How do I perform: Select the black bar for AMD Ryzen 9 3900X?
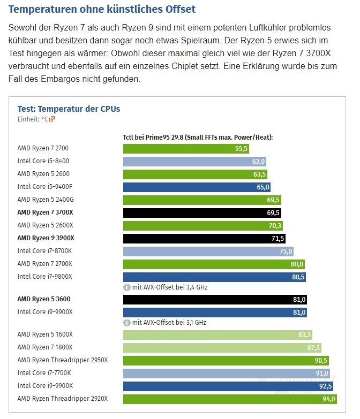[x=204, y=238]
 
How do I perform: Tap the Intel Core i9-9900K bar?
[x=225, y=386]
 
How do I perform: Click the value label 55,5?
[x=242, y=148]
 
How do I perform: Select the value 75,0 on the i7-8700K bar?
[x=286, y=251]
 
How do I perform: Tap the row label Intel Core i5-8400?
[x=43, y=161]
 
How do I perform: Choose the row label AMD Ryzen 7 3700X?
[x=46, y=212]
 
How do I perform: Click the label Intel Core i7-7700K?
[x=44, y=373]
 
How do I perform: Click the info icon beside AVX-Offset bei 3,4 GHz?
[x=127, y=287]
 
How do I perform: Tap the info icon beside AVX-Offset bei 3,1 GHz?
[x=127, y=323]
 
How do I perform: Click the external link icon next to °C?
[x=52, y=119]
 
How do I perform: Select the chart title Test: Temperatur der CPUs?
[x=69, y=109]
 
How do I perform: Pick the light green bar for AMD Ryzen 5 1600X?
[x=217, y=334]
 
